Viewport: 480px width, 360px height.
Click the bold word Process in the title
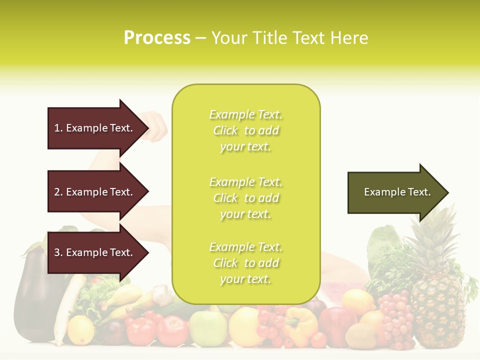(157, 38)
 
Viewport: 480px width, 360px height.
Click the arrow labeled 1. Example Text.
(95, 128)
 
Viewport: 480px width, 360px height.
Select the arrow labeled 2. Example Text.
(95, 192)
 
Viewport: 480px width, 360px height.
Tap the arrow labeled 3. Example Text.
(95, 252)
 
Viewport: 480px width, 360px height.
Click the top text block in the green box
(245, 130)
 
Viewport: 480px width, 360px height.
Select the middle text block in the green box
(245, 198)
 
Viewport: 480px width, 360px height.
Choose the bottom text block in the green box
(245, 263)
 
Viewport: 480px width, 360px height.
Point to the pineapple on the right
(437, 305)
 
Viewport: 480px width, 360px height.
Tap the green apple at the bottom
(207, 327)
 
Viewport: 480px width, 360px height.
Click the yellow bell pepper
(300, 325)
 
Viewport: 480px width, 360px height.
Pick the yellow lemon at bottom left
(80, 330)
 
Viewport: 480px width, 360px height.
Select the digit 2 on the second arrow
(57, 192)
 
